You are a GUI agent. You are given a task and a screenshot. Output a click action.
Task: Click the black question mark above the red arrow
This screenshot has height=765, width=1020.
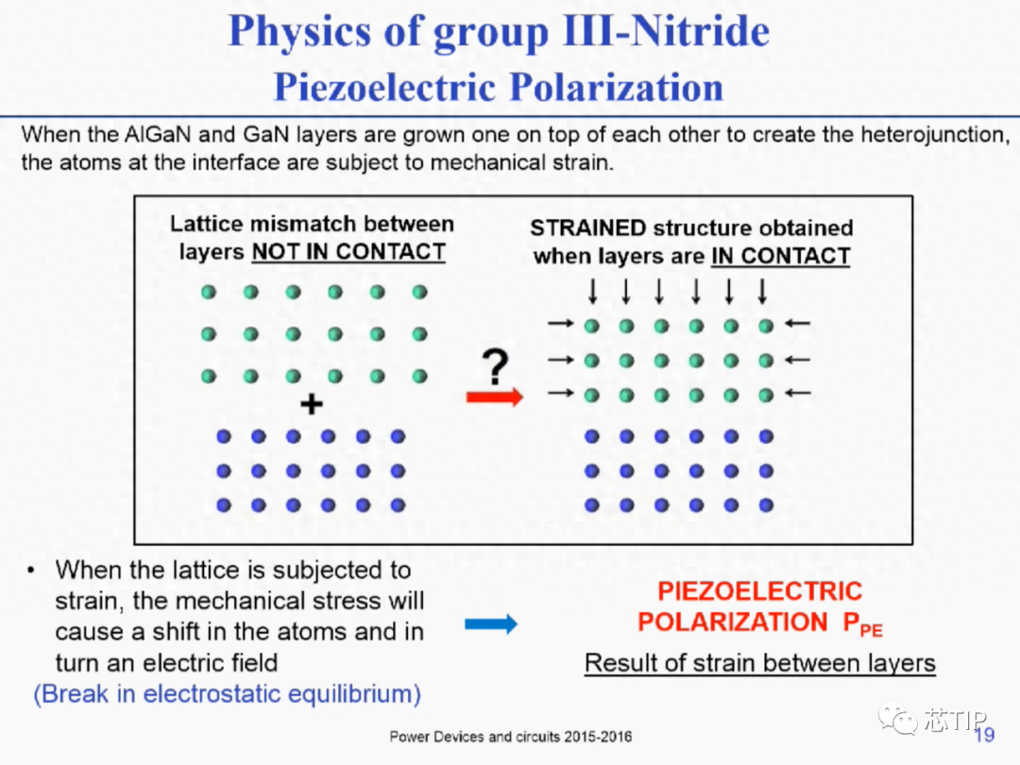pos(495,366)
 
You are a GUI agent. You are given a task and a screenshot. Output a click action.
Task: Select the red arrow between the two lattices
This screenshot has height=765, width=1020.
pos(494,397)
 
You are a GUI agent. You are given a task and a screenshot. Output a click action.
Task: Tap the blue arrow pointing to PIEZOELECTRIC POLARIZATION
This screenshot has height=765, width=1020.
pos(491,624)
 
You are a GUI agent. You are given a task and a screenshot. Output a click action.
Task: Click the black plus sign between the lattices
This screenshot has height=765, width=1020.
pos(312,404)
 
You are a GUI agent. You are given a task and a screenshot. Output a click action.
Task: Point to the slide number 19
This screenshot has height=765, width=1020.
pos(984,735)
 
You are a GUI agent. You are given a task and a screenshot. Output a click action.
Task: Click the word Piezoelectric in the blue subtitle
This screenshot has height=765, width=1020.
pos(384,87)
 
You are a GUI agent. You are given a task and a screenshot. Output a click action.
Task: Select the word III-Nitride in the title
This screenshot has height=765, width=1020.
pos(666,31)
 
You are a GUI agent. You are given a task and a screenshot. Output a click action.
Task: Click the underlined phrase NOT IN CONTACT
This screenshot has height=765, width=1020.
pos(348,252)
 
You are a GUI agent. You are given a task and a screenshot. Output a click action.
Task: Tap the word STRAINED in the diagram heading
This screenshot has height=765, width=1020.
pos(588,228)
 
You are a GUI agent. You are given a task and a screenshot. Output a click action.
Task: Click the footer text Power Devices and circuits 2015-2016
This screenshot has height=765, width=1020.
pos(511,737)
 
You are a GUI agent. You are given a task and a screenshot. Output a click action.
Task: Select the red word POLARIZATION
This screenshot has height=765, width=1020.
pos(733,621)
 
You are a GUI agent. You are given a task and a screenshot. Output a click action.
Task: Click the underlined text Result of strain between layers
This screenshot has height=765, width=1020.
pos(759,663)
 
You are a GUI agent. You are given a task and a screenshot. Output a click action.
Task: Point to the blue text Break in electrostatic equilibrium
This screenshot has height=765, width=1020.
pos(227,694)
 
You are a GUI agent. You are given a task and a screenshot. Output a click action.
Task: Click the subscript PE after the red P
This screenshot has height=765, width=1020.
pos(871,630)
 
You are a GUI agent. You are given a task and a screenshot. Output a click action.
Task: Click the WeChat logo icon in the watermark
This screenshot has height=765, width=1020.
pos(898,719)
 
